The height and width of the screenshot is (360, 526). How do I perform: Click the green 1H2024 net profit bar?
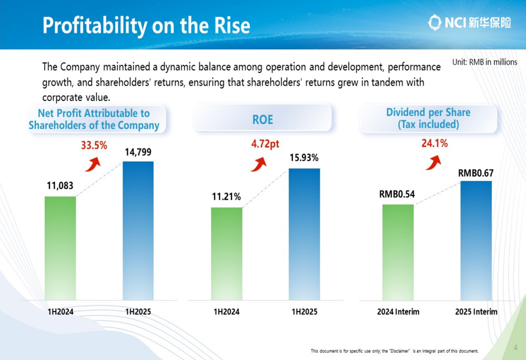point(60,248)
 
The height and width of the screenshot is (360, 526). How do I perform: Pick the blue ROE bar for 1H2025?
point(305,234)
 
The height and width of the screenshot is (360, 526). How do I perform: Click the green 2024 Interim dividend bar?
point(398,252)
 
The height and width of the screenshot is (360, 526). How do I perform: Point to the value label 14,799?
point(139,152)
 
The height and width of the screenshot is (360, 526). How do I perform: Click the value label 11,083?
point(59,186)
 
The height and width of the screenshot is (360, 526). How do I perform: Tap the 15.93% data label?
point(304,158)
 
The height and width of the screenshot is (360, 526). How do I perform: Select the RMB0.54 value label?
point(397,194)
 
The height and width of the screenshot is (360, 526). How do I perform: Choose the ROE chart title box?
point(262,119)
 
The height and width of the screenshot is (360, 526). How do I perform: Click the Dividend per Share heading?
point(428,118)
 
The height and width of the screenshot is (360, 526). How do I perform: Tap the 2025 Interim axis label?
point(476,312)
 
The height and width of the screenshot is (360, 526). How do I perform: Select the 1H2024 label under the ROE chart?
point(226,312)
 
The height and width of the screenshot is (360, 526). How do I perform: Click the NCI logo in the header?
point(469,23)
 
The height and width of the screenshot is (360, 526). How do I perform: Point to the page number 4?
point(515,347)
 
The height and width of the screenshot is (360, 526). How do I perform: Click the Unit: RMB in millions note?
point(484,62)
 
